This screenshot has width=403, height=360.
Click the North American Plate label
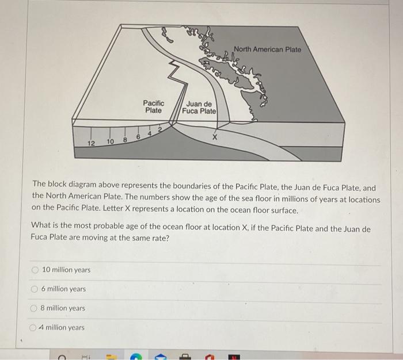coord(267,49)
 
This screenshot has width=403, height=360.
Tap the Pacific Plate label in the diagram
coord(153,106)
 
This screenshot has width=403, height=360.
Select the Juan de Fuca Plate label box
coord(199,108)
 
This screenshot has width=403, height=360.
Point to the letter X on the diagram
coord(215,137)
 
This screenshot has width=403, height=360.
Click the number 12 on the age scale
coord(90,143)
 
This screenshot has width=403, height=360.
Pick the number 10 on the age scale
coord(109,141)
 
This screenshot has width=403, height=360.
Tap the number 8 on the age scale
coord(124,139)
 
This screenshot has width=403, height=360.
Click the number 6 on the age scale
coord(138,136)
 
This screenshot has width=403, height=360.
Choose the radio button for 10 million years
coord(35,270)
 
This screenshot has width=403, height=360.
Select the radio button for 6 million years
coord(35,289)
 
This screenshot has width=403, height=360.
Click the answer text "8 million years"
coord(63,308)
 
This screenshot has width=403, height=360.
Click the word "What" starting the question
coord(41,228)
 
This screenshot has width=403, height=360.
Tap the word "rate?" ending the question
coord(159,238)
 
